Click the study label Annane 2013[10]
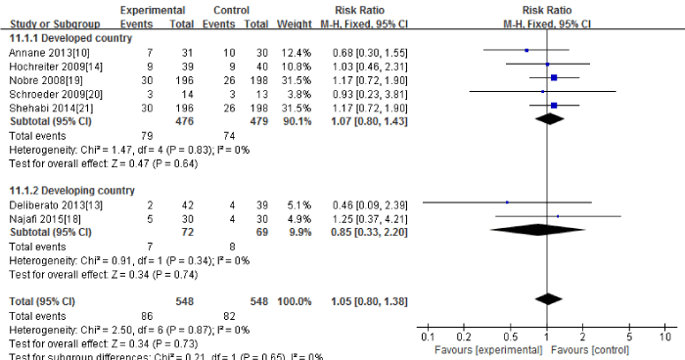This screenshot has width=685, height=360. (35, 49)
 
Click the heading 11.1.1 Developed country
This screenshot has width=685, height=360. (62, 35)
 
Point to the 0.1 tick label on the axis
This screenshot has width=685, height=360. (428, 335)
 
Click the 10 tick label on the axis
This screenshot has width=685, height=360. (665, 335)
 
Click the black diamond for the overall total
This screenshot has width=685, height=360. (549, 297)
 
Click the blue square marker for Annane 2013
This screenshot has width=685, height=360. (526, 49)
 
